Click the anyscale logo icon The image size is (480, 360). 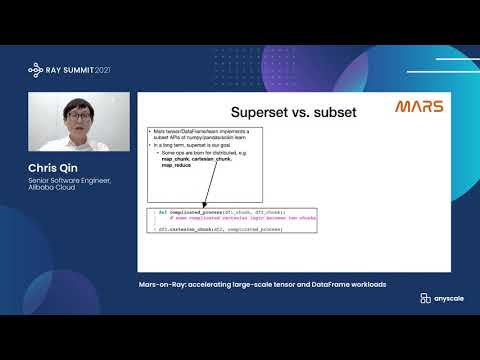point(426,298)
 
